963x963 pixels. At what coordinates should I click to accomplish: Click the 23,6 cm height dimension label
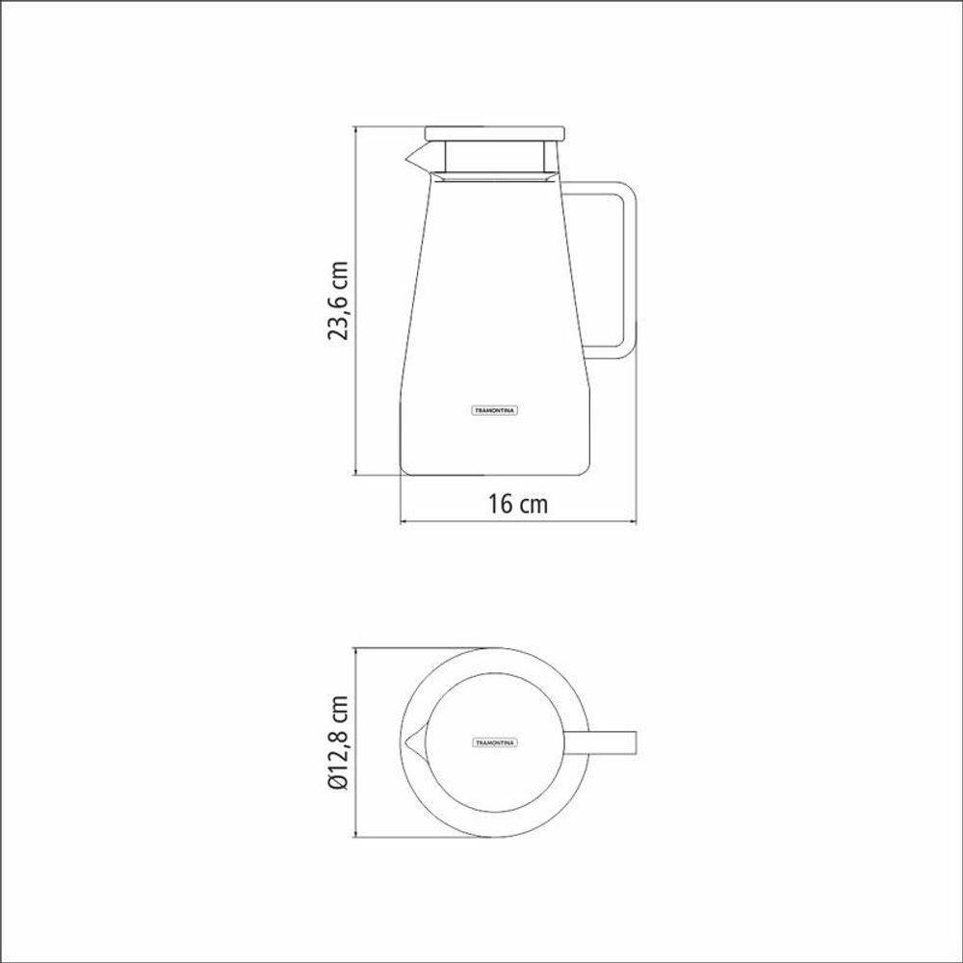[x=338, y=300]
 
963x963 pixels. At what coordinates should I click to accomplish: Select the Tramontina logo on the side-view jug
[x=495, y=409]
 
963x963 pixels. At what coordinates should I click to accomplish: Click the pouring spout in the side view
[x=419, y=156]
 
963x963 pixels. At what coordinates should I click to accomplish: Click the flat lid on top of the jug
[x=495, y=133]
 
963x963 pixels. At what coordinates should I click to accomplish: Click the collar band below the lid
[x=493, y=174]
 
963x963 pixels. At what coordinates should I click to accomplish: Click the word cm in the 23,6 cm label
[x=338, y=273]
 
